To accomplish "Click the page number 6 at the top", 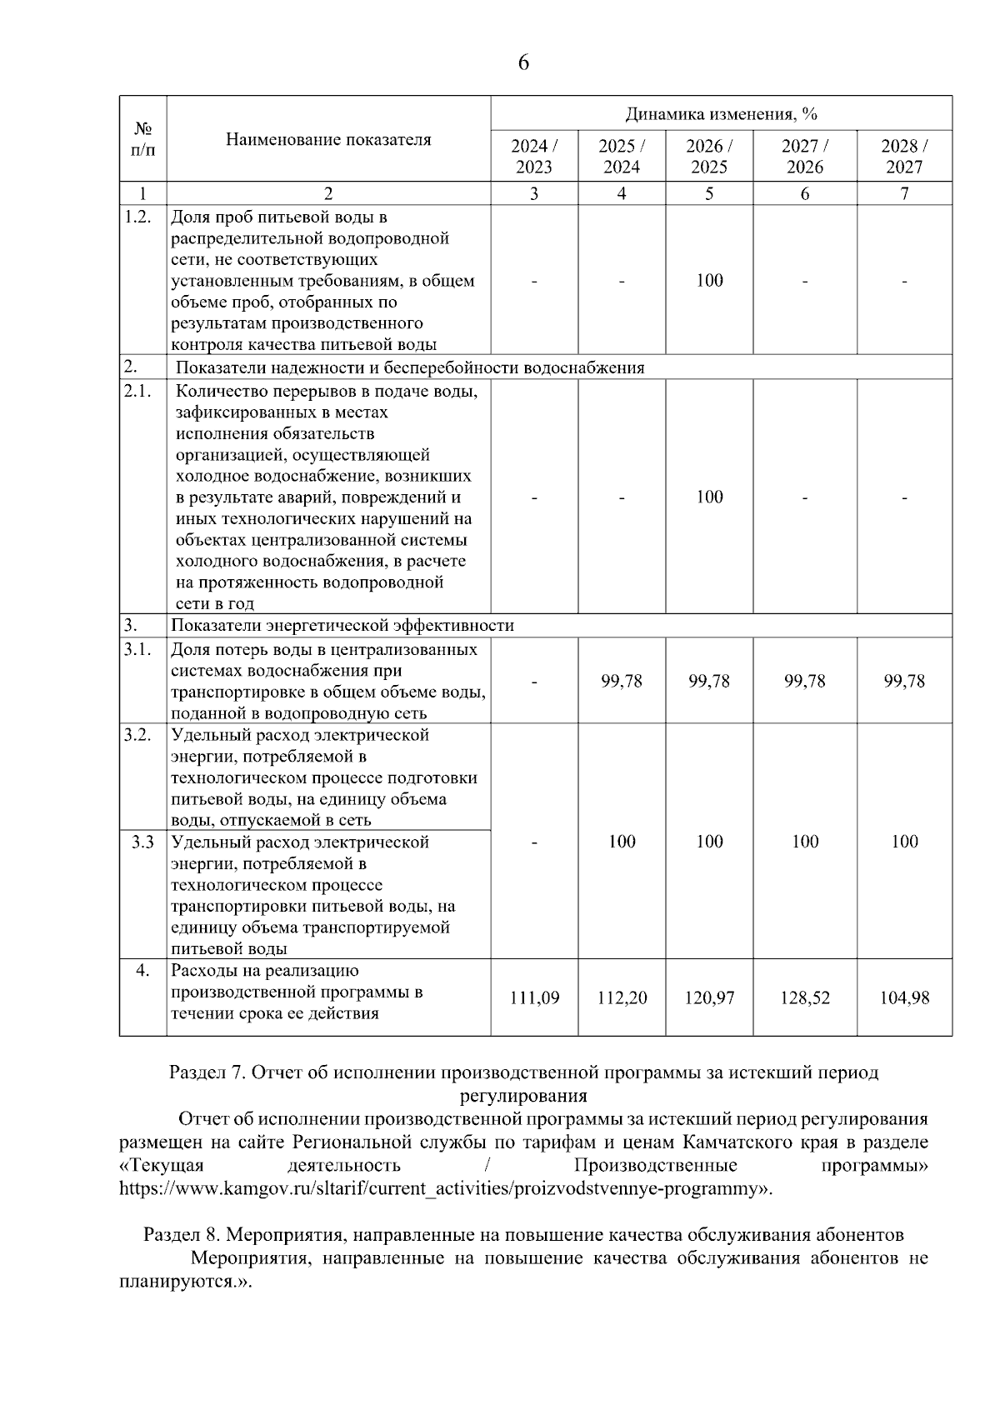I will (523, 62).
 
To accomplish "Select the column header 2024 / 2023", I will (534, 156).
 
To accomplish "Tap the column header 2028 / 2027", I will (904, 156).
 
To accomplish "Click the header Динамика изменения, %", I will (721, 114).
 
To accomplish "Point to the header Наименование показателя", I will (328, 140).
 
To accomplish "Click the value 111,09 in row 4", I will (534, 997).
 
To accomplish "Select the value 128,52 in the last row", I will (804, 997).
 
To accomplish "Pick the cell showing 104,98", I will (904, 997).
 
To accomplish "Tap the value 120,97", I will (709, 997).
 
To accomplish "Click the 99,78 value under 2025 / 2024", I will (622, 681).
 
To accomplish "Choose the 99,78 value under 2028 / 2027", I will (904, 681).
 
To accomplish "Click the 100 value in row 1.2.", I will (709, 281).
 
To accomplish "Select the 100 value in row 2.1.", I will (709, 497).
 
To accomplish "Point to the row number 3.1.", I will (137, 649).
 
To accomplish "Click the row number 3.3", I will (142, 842).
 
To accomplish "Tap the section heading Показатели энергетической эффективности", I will (342, 626).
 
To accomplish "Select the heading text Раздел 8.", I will (181, 1234).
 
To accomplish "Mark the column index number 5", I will (709, 193).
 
